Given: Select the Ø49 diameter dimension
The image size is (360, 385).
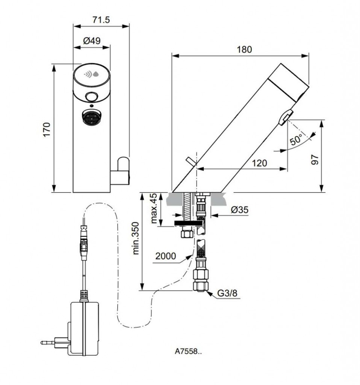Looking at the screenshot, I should (x=92, y=41).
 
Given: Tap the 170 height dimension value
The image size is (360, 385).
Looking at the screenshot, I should (x=46, y=129).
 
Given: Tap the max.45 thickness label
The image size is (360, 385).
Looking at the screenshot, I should (x=154, y=209).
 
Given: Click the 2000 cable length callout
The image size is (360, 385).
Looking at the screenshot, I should (x=166, y=256).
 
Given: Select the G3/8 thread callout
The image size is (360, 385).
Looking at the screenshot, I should (x=228, y=293).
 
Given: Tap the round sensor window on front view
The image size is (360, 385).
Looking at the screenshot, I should (x=91, y=97).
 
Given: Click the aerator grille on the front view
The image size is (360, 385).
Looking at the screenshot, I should (x=91, y=117).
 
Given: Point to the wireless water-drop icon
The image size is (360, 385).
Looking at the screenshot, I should (x=92, y=74).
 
